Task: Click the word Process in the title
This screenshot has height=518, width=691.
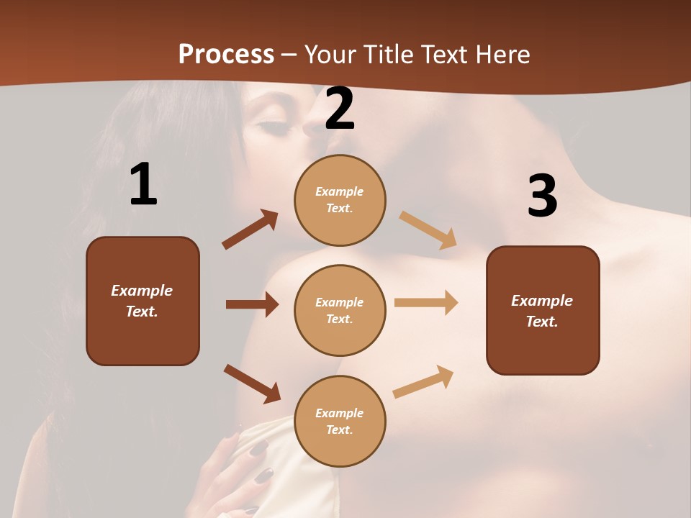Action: point(226,55)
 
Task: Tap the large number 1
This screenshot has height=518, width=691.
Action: point(143,185)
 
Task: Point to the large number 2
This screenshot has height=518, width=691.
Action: point(340,109)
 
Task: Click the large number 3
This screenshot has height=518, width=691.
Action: point(542,196)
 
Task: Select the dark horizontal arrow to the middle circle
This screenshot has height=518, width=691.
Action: point(252,304)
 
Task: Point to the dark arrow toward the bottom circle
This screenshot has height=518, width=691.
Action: point(252,383)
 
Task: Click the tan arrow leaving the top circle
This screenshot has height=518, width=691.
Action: point(428,230)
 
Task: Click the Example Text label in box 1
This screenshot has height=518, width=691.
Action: point(142,301)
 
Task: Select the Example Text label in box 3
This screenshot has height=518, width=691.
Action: point(542,311)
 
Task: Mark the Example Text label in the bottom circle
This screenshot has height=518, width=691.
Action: point(340,421)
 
